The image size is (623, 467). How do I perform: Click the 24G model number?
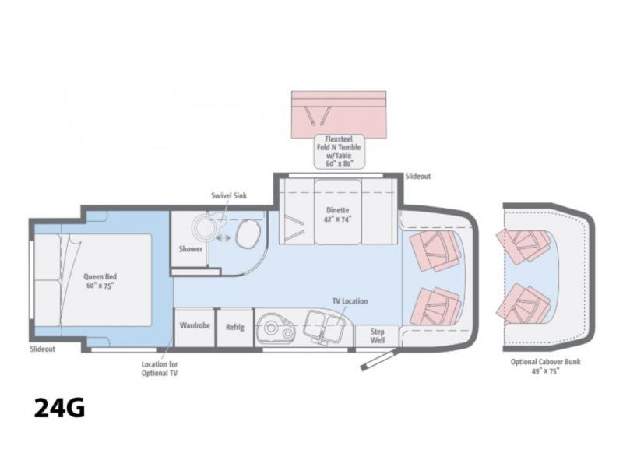click(x=59, y=408)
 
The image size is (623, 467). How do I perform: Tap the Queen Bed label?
click(x=100, y=281)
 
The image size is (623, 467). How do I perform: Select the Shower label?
click(x=190, y=249)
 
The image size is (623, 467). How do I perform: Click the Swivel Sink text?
click(x=229, y=195)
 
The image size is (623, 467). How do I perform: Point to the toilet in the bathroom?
click(x=248, y=234)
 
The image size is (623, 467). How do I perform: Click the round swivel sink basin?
click(x=205, y=227)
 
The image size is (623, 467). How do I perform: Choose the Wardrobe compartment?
click(x=195, y=328)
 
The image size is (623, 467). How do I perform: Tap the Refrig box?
click(x=235, y=328)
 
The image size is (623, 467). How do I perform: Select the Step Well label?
click(x=377, y=335)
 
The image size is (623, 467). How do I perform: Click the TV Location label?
click(x=350, y=301)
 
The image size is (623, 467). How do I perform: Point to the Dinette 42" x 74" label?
click(x=338, y=215)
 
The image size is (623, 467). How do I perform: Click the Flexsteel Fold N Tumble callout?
click(x=339, y=151)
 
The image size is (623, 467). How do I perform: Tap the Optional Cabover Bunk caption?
click(x=546, y=366)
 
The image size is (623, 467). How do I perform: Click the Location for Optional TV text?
click(x=160, y=368)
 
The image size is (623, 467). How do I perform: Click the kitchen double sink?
click(x=324, y=324)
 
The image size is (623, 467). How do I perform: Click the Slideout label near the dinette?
click(x=418, y=177)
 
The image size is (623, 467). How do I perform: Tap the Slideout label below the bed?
click(x=43, y=349)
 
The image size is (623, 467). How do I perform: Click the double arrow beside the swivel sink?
click(x=224, y=237)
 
